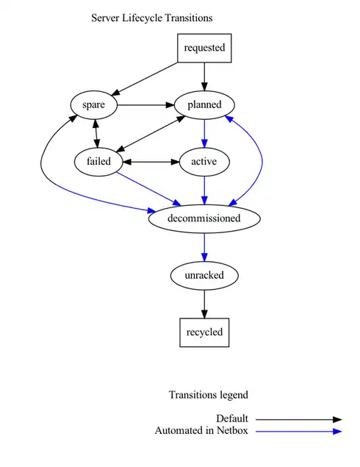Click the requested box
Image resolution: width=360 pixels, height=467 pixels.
[x=204, y=49]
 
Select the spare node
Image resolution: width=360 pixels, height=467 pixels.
[x=94, y=104]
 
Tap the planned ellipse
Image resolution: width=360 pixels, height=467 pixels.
[x=204, y=104]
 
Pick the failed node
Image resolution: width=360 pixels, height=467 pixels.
[x=98, y=161]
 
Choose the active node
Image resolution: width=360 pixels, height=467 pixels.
[x=204, y=161]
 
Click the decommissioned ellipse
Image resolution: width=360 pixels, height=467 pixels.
[x=204, y=218]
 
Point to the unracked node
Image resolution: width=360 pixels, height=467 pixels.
[x=204, y=275]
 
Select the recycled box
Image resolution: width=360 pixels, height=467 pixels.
[x=204, y=332]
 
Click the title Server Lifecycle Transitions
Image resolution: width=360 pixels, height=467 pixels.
[x=152, y=18]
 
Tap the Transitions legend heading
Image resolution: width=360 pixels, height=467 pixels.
[x=209, y=395]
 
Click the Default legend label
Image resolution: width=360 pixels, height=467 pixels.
[x=232, y=419]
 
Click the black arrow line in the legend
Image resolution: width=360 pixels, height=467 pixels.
[x=298, y=419]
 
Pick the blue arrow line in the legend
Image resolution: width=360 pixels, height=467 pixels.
[x=298, y=431]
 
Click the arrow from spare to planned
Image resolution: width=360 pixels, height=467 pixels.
[x=145, y=104]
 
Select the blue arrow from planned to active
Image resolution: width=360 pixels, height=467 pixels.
[x=204, y=132]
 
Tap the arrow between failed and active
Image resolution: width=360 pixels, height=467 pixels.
[x=151, y=161]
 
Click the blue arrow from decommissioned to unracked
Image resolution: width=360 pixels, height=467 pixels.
[x=204, y=246]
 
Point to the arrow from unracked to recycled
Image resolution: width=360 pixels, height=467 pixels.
[x=204, y=303]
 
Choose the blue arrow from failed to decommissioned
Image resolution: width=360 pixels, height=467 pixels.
[x=147, y=188]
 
